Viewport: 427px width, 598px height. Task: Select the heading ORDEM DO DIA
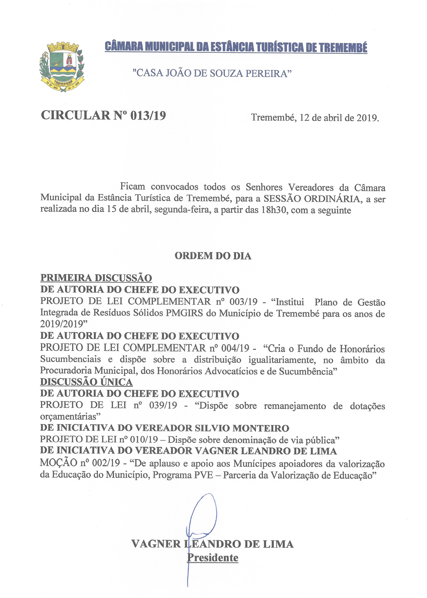pos(213,256)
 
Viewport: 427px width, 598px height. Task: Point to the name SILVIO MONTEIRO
pos(242,428)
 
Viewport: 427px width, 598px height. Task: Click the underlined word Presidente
pos(212,558)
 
